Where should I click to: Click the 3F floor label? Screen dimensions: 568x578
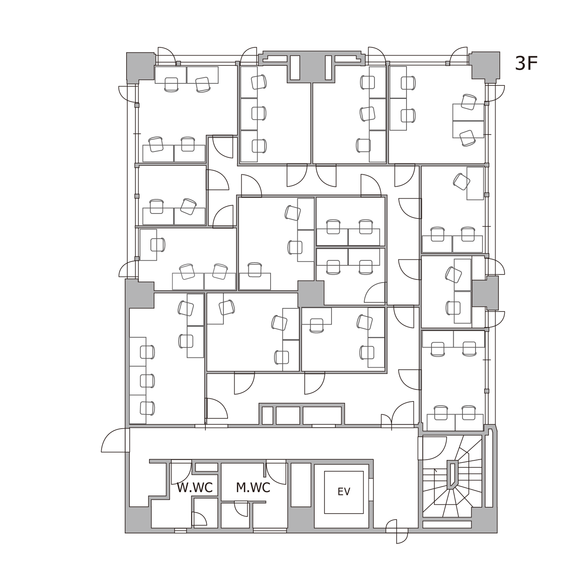click(x=526, y=63)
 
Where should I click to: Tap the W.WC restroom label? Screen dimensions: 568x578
click(x=194, y=488)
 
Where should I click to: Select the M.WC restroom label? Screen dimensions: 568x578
click(x=253, y=488)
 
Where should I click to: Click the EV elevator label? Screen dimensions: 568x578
click(x=344, y=491)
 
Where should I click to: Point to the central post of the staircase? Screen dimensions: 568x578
click(x=452, y=475)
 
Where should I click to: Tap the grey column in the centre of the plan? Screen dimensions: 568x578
click(x=311, y=294)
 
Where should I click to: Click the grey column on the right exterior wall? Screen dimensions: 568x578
click(x=485, y=293)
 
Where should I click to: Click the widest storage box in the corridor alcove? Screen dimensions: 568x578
click(x=322, y=415)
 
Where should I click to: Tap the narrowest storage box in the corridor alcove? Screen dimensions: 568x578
click(x=268, y=415)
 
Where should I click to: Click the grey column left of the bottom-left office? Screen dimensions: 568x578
click(x=139, y=294)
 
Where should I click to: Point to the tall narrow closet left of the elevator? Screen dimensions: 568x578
click(x=301, y=485)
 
